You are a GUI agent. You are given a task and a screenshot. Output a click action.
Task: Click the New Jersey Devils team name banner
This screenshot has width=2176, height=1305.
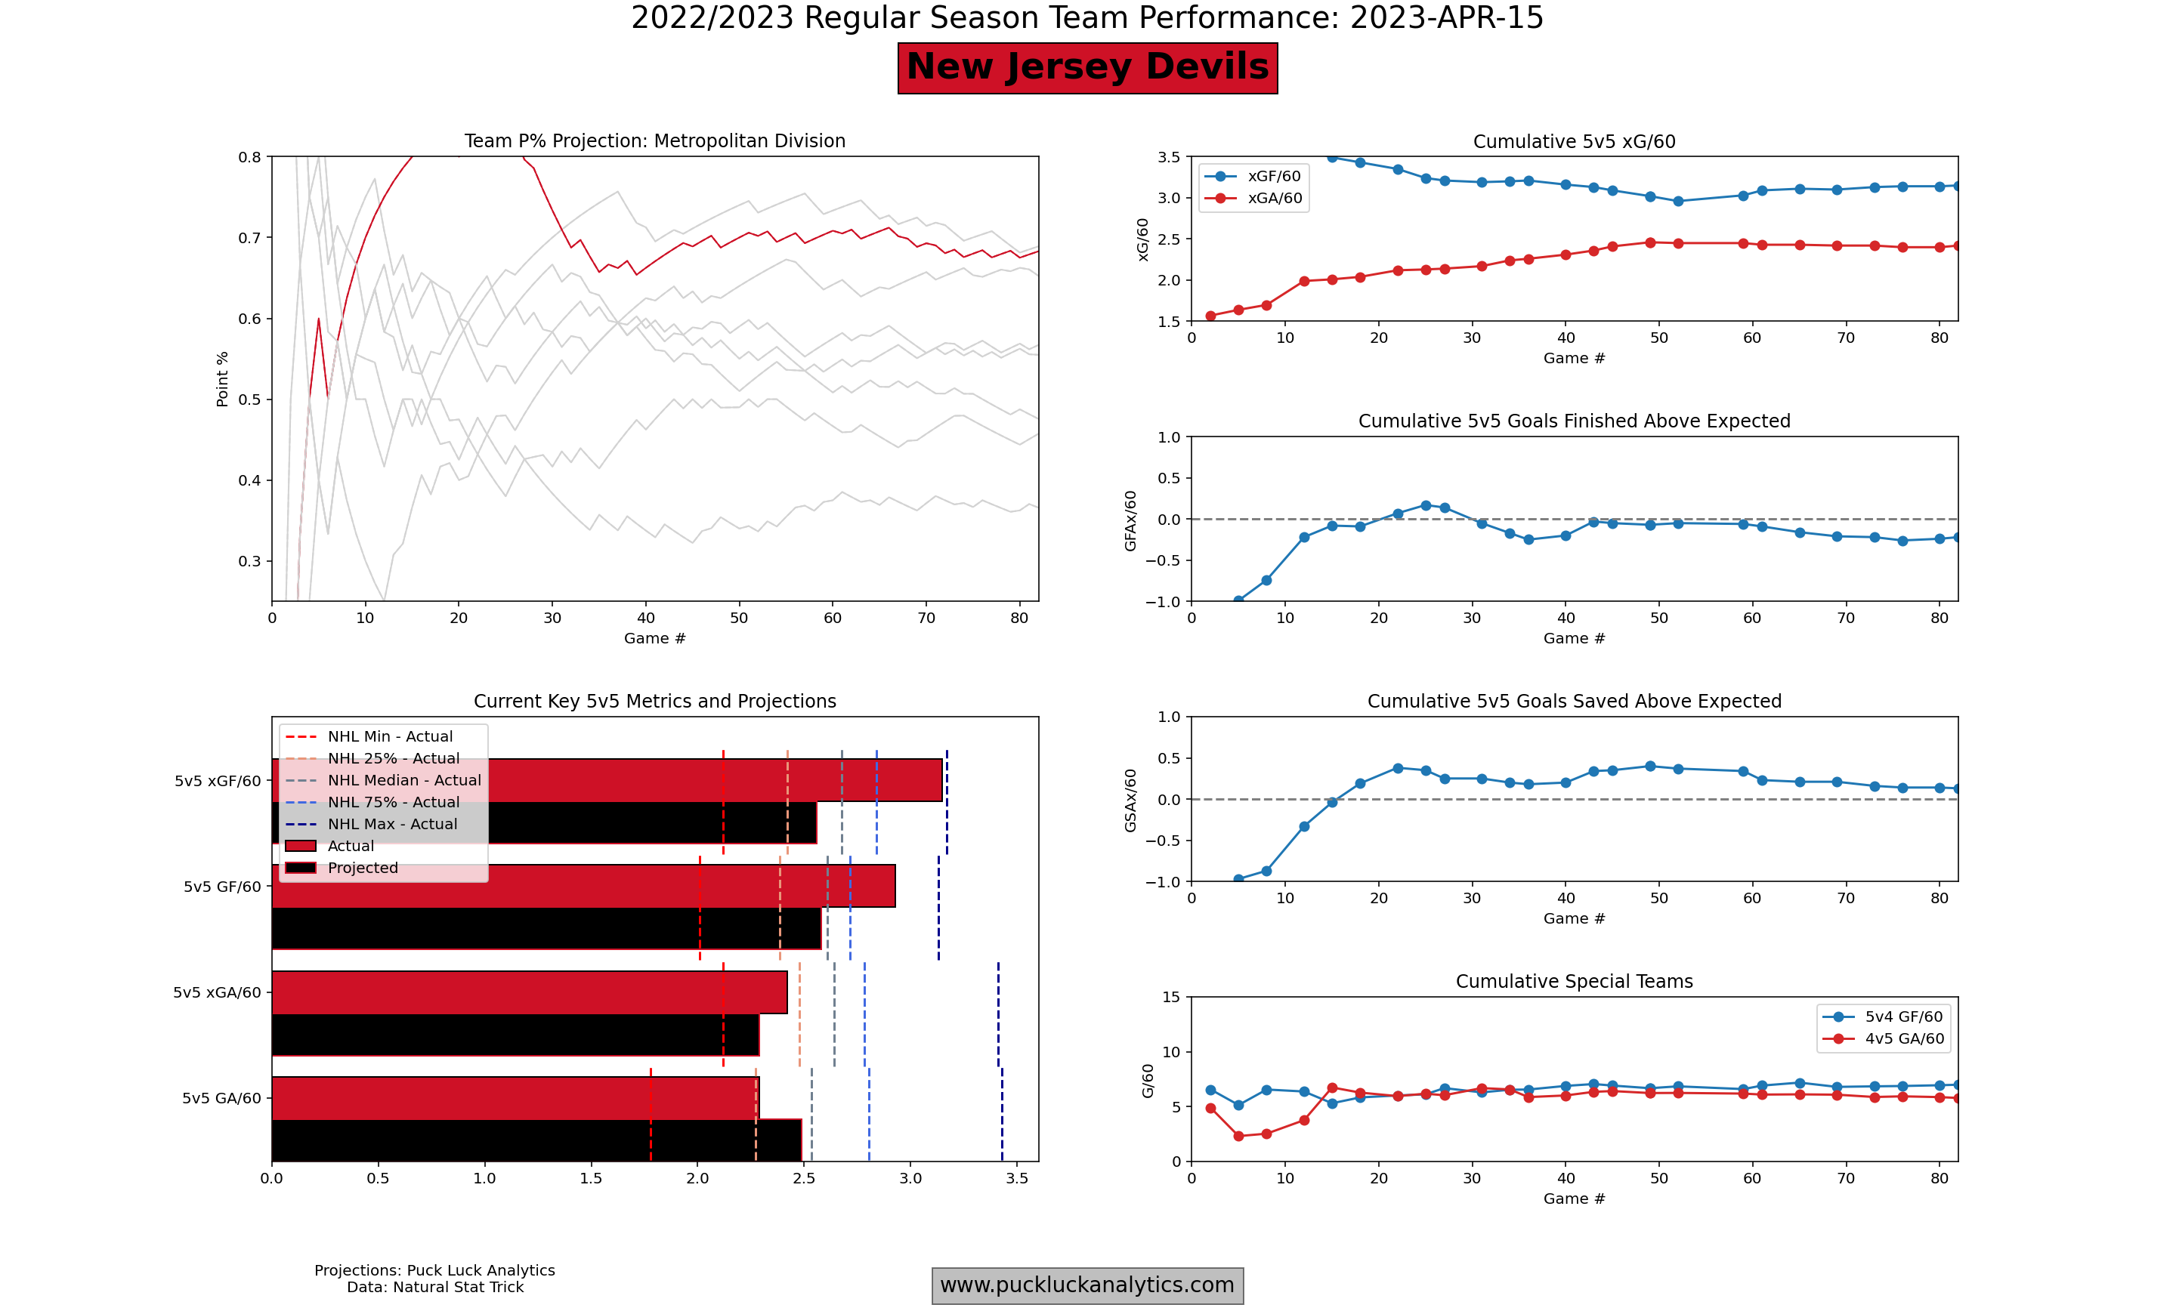[1087, 68]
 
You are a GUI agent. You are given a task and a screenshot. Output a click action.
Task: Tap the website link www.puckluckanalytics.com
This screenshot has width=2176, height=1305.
[1087, 1285]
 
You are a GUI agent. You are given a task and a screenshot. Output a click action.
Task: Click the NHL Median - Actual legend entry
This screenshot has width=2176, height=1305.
[403, 780]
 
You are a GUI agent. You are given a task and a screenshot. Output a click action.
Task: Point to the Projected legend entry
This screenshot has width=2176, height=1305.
[363, 868]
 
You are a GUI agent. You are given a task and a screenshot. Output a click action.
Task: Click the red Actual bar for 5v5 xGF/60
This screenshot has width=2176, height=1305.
[703, 780]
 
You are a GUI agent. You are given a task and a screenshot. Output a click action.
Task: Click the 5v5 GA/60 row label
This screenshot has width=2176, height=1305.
[221, 1098]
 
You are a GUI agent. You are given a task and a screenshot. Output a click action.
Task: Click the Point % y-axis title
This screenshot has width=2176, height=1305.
[223, 379]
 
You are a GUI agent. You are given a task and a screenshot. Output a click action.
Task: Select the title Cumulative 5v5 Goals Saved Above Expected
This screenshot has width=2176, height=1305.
[1574, 702]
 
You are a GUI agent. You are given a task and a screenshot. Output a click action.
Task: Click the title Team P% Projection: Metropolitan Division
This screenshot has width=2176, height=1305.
[654, 141]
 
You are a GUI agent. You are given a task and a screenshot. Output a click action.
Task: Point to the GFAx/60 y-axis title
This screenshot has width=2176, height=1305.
[1130, 520]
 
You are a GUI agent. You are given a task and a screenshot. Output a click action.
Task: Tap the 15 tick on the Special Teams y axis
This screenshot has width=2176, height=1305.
[1170, 997]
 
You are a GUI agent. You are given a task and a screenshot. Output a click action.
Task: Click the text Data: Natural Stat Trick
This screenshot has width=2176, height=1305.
[434, 1288]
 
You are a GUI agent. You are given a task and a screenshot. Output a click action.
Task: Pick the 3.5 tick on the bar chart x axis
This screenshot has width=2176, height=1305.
[1017, 1178]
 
